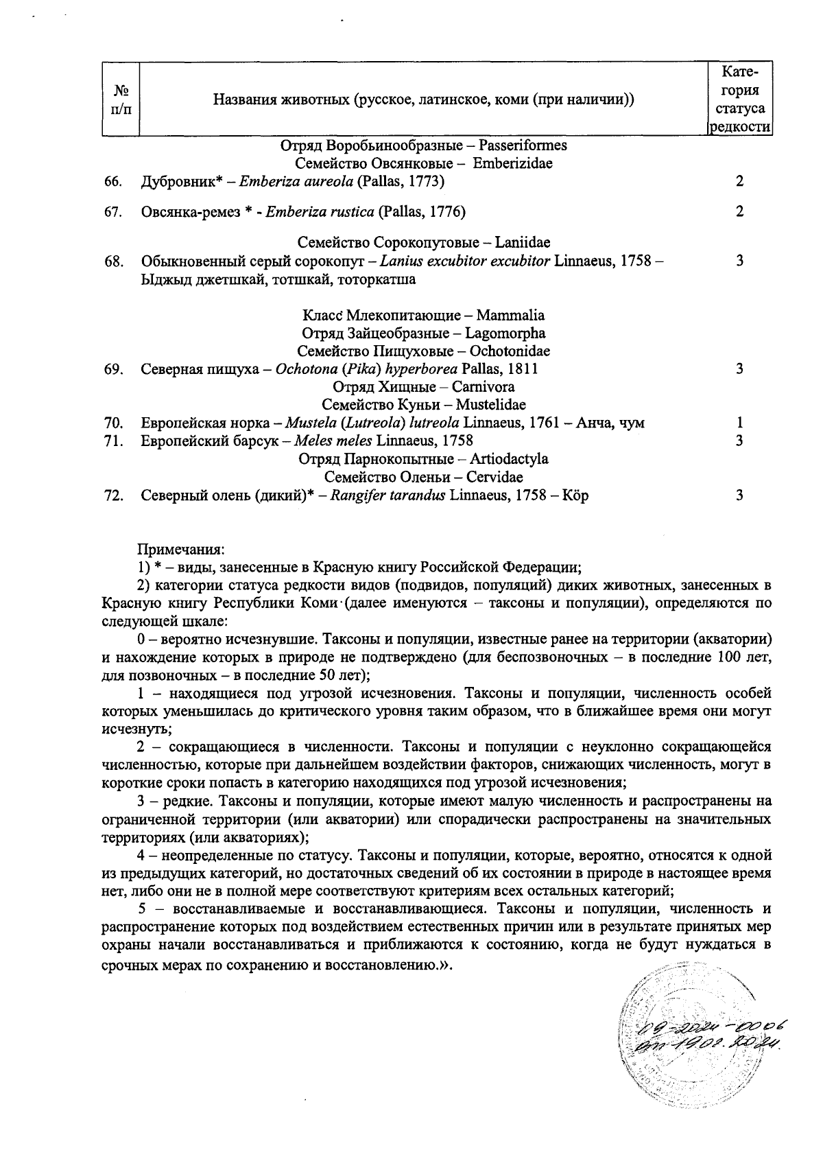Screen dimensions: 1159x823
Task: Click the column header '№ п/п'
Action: [121, 99]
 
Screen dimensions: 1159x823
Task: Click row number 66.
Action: [113, 182]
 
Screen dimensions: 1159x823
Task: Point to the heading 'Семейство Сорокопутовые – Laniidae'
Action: [424, 243]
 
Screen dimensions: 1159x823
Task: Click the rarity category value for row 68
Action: [739, 261]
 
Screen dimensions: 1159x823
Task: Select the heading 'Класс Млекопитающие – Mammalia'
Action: [424, 316]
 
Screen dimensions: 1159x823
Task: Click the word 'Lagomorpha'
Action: [505, 333]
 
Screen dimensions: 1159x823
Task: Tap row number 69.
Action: [113, 369]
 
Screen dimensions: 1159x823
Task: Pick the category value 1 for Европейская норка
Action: [739, 423]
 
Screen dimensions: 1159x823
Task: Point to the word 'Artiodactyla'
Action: [509, 458]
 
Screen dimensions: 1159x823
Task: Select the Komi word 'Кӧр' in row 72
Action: [575, 495]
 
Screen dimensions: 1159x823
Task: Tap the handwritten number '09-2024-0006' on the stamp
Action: [712, 1027]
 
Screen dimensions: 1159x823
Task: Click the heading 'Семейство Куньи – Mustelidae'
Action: [424, 405]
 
